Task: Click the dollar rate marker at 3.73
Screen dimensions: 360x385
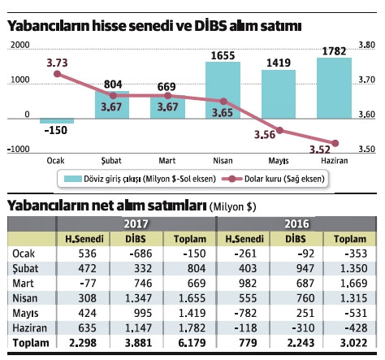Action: pyautogui.click(x=57, y=74)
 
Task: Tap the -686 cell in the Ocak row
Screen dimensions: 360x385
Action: pyautogui.click(x=132, y=254)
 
